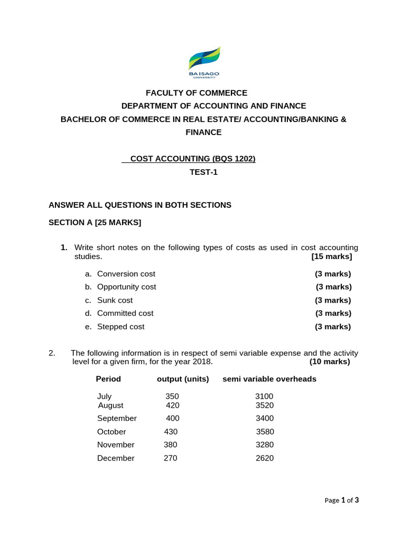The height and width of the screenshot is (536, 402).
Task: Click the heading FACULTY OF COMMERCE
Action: [x=196, y=93]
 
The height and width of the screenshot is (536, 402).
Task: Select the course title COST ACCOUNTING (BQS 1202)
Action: [x=193, y=159]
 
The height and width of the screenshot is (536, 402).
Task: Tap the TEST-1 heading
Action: [x=203, y=172]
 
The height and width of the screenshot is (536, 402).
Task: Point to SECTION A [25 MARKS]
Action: [x=95, y=222]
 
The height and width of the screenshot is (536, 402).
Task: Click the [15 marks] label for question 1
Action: [x=331, y=256]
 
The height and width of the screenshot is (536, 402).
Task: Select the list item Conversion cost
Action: [x=126, y=274]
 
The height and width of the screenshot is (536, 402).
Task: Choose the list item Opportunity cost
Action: [x=127, y=287]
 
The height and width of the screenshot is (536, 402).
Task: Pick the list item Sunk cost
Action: [x=115, y=300]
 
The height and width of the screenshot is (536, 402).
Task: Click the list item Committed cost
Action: [x=125, y=313]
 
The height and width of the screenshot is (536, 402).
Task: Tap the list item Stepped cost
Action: [x=120, y=327]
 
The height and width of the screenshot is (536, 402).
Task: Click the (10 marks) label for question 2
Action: [x=330, y=362]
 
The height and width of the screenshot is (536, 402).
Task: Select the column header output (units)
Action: [x=183, y=379]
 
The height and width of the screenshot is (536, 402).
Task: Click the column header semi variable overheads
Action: [x=269, y=379]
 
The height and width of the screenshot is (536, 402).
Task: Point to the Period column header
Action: [x=108, y=379]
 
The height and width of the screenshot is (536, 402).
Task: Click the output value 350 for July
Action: [x=172, y=397]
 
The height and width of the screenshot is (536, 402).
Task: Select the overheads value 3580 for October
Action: [x=265, y=432]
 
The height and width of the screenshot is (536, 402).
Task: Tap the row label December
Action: [x=116, y=458]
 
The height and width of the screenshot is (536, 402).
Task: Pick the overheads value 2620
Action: [x=264, y=458]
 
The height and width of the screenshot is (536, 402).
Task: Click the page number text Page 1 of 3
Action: [x=341, y=500]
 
